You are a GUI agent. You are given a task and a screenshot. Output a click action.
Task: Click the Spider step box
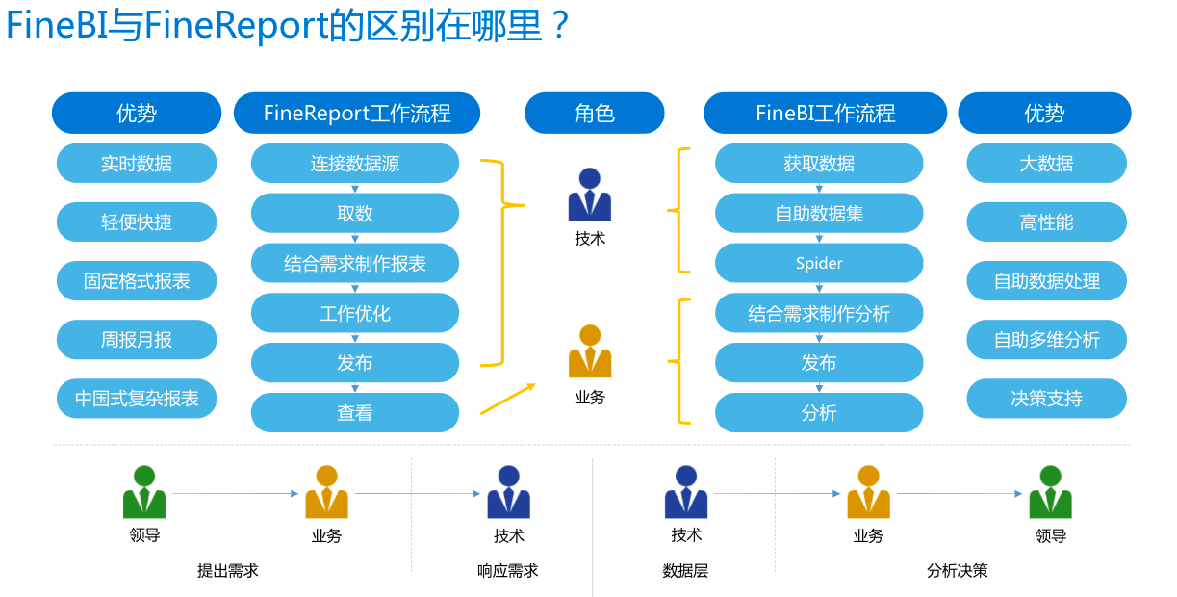[819, 263]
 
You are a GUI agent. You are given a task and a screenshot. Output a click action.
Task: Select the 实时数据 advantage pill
[137, 164]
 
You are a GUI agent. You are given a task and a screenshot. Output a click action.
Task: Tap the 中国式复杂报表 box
[137, 399]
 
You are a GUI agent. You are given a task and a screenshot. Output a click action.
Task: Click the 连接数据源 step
[355, 164]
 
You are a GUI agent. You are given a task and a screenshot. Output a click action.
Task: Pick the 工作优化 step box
[355, 313]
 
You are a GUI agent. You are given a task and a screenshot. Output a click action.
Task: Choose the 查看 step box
[355, 413]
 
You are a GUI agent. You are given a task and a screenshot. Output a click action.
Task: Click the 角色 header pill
[594, 114]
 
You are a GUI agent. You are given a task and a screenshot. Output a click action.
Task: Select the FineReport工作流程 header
[357, 114]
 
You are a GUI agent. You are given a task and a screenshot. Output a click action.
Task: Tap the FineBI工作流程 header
[826, 114]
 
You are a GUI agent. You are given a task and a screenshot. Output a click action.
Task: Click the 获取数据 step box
[819, 164]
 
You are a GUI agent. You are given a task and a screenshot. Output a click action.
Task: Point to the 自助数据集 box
[819, 214]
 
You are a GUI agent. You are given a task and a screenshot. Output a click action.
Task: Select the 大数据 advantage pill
[1046, 164]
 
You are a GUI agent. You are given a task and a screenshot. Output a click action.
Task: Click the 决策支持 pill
[1046, 399]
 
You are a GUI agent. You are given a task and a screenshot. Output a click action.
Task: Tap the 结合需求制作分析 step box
[819, 313]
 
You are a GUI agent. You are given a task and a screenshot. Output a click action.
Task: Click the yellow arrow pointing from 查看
[508, 399]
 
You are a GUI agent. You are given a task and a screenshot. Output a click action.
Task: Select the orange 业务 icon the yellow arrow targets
[590, 352]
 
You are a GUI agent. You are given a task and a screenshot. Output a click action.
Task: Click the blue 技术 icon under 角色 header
[590, 195]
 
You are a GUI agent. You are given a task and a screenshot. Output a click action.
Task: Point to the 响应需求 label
[508, 571]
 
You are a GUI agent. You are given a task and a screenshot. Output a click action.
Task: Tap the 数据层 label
[685, 571]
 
